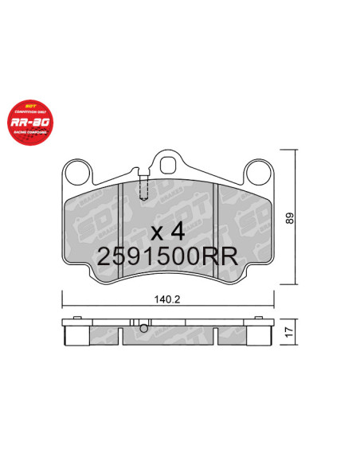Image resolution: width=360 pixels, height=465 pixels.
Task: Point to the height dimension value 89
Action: coord(292,218)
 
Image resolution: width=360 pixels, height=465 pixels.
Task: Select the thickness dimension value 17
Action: coord(292,332)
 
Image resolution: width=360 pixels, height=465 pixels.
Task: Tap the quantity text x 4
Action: coord(167,232)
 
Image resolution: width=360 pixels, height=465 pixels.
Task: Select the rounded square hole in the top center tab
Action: coord(168,164)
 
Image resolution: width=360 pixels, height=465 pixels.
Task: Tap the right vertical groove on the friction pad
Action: coord(219,231)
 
